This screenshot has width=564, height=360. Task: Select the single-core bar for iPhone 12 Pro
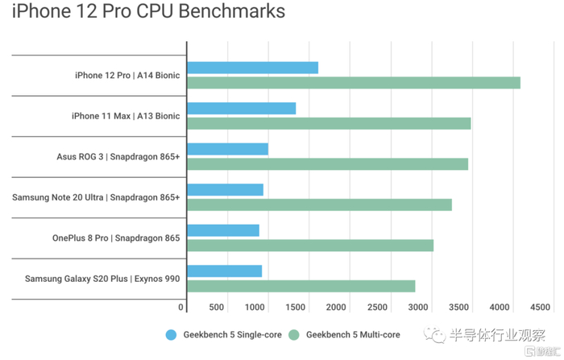[x=252, y=68]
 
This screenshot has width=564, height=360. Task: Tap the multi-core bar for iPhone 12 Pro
[x=353, y=83]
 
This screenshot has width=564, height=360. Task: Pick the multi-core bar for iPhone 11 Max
[x=329, y=123]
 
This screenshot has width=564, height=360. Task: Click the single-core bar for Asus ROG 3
[x=227, y=149]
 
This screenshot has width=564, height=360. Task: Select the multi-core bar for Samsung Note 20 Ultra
[x=319, y=205]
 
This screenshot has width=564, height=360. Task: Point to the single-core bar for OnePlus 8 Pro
[x=223, y=230]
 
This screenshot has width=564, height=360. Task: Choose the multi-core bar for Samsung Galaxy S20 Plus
[x=301, y=286]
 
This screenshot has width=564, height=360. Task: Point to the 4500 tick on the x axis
[x=540, y=307]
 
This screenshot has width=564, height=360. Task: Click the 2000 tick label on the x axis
[x=336, y=307]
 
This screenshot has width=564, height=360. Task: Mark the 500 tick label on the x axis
[x=216, y=307]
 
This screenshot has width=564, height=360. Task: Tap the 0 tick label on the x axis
[x=181, y=307]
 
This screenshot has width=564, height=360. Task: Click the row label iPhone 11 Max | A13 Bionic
[x=126, y=116]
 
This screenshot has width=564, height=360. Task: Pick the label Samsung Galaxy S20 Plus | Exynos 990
[x=102, y=279]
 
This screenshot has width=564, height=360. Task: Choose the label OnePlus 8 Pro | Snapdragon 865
[x=116, y=238]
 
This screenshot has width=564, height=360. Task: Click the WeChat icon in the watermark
[x=436, y=333]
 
